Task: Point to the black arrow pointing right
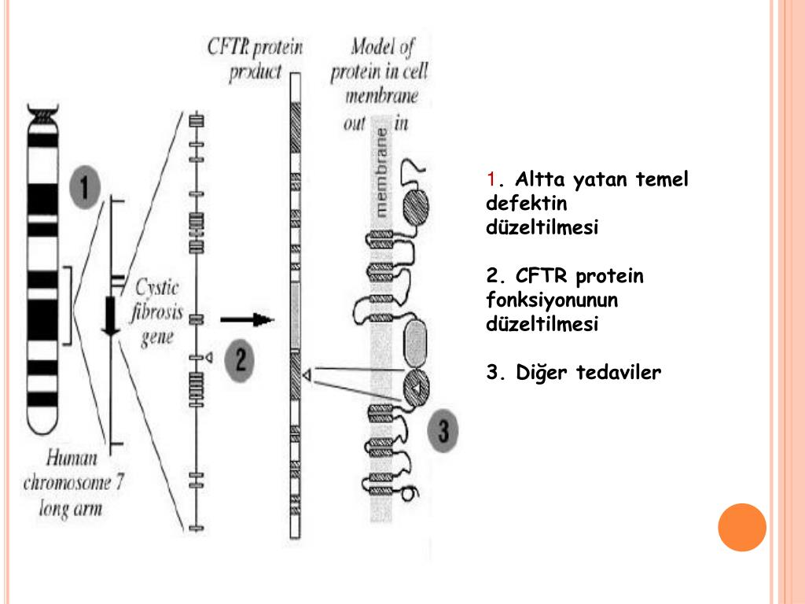[246, 320]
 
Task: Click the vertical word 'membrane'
[382, 171]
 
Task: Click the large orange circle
[741, 527]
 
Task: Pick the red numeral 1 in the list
[491, 180]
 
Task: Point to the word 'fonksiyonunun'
[552, 300]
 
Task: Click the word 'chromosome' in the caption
[73, 482]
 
